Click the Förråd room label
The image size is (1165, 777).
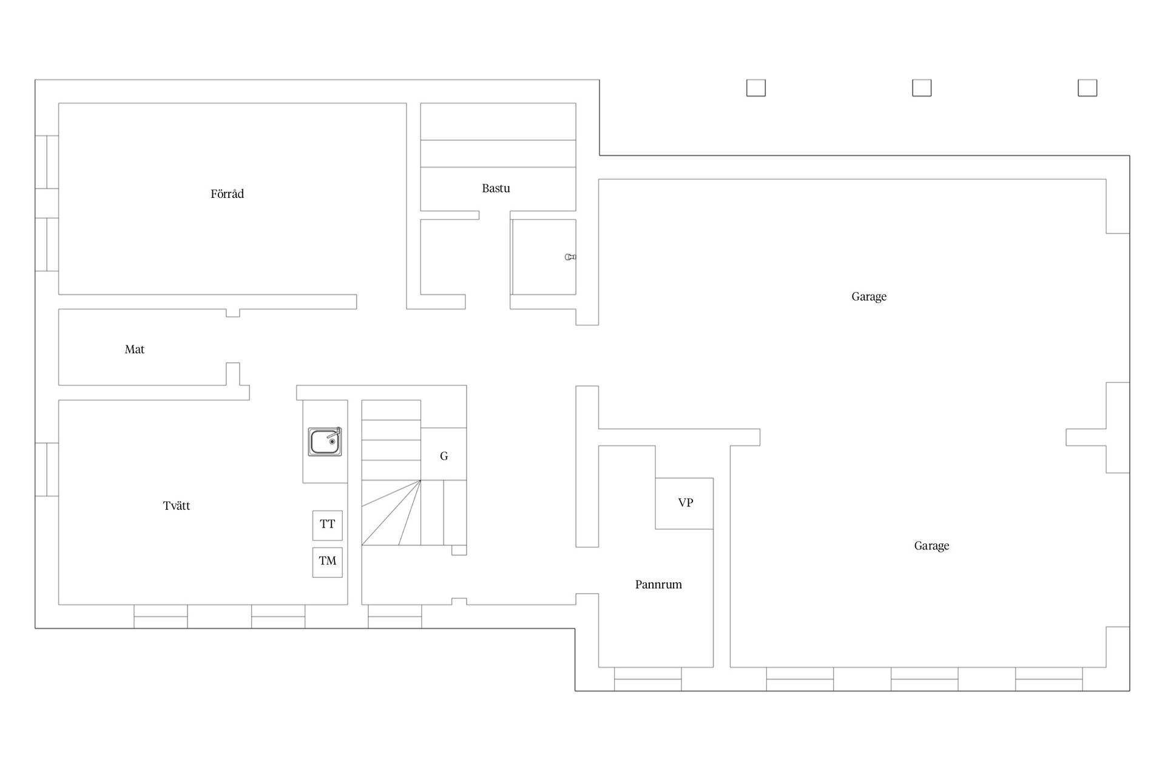[227, 194]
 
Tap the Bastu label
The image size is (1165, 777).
[496, 188]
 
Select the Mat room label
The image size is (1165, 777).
[134, 349]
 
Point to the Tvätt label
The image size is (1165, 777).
[176, 506]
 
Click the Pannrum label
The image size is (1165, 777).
[658, 585]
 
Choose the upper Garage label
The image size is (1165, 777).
[869, 296]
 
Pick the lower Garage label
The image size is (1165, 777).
[931, 546]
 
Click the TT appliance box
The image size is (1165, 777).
[328, 525]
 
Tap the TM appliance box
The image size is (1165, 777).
[328, 562]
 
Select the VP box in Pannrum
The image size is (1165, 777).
[684, 503]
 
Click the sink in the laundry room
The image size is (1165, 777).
[325, 441]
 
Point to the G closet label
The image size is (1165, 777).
[444, 456]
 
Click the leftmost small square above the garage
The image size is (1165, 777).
[756, 88]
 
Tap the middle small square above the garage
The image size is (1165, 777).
[922, 88]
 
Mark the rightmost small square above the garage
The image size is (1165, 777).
[1087, 88]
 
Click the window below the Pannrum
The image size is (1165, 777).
[648, 679]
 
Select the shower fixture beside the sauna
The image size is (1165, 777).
[570, 257]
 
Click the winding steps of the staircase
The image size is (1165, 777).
[391, 513]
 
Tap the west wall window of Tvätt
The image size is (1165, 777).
[47, 470]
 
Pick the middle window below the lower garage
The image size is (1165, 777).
[925, 679]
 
